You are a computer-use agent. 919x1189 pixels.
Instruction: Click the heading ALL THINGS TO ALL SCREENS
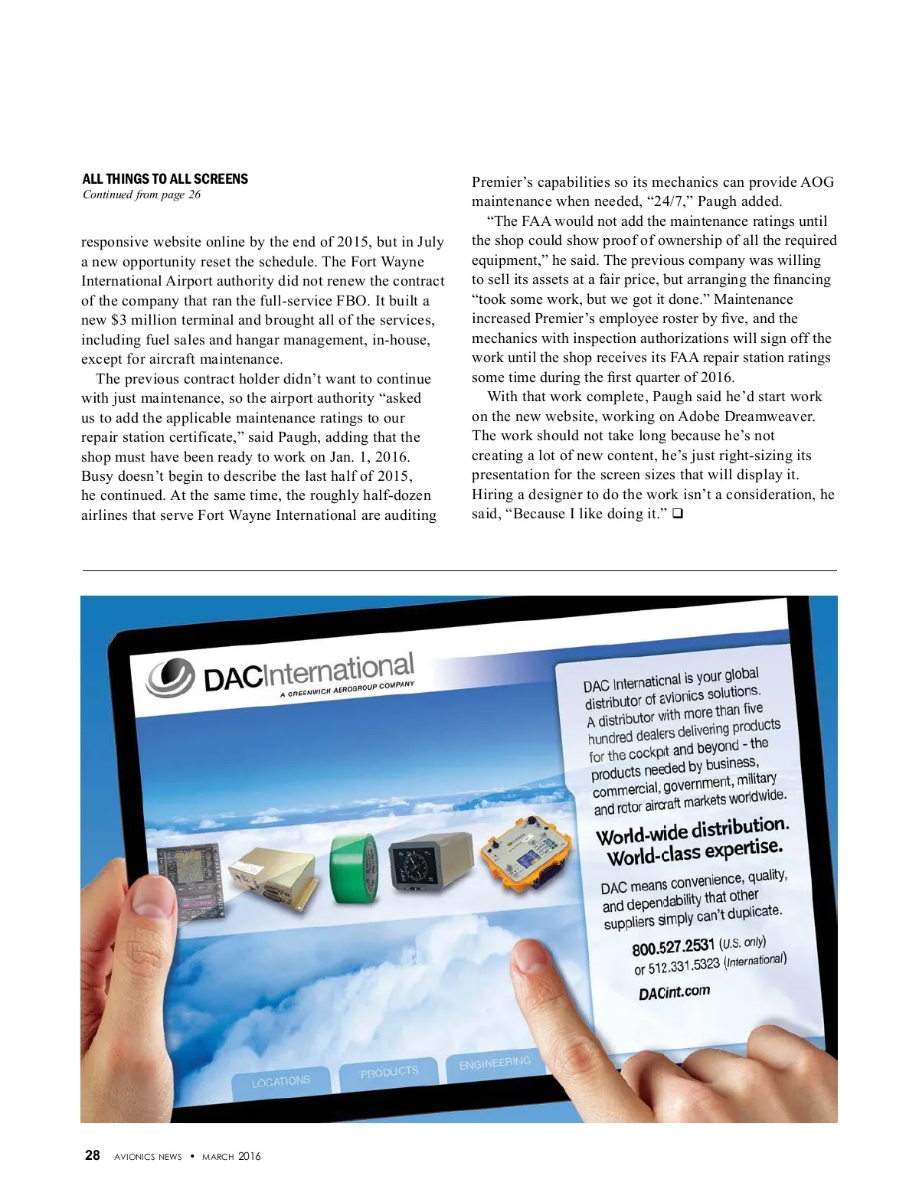165,179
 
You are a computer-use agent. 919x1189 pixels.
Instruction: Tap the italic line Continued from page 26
142,194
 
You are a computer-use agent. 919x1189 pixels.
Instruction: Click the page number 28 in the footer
92,1155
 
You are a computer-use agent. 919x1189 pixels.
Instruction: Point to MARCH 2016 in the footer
231,1156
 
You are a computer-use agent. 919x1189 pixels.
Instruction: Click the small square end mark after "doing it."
677,514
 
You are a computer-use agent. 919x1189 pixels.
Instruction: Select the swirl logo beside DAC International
172,678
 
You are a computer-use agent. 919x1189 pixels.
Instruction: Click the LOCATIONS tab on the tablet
281,1081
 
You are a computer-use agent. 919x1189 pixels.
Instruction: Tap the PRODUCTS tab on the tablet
389,1072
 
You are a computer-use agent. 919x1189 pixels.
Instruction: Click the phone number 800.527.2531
673,948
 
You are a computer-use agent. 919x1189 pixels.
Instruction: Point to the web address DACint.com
674,993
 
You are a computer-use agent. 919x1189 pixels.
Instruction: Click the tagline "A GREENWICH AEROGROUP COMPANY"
347,689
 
